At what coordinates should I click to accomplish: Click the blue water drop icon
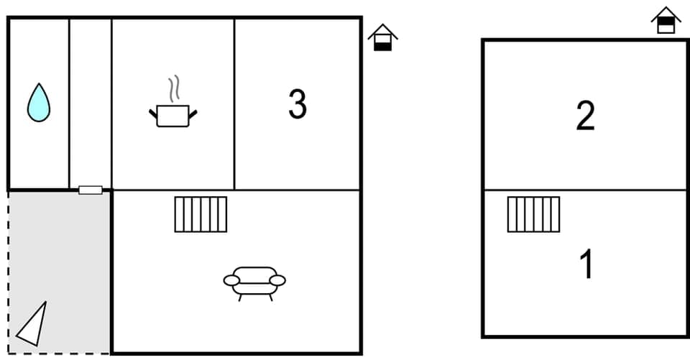point(39,103)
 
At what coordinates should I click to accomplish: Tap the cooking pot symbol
point(172,115)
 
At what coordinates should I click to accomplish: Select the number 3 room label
point(298,104)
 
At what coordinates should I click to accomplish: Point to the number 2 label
point(585,116)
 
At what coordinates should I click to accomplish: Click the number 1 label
point(587,264)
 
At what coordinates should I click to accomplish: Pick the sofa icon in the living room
point(254,281)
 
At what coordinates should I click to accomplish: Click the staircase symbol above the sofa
point(201,214)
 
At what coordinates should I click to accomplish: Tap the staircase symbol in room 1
point(533,214)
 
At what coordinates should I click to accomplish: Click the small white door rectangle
point(91,190)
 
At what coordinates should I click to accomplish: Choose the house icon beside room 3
point(382,37)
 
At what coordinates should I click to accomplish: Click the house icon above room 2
point(666,20)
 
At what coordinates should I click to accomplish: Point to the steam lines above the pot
point(173,90)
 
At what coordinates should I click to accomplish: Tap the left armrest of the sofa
point(231,280)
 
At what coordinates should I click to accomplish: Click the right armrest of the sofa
point(277,280)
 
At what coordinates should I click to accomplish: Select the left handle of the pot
point(153,112)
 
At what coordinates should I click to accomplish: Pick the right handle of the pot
point(193,112)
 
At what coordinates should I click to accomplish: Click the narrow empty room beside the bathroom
point(91,101)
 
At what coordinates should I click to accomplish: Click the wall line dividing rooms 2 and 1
point(585,190)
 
